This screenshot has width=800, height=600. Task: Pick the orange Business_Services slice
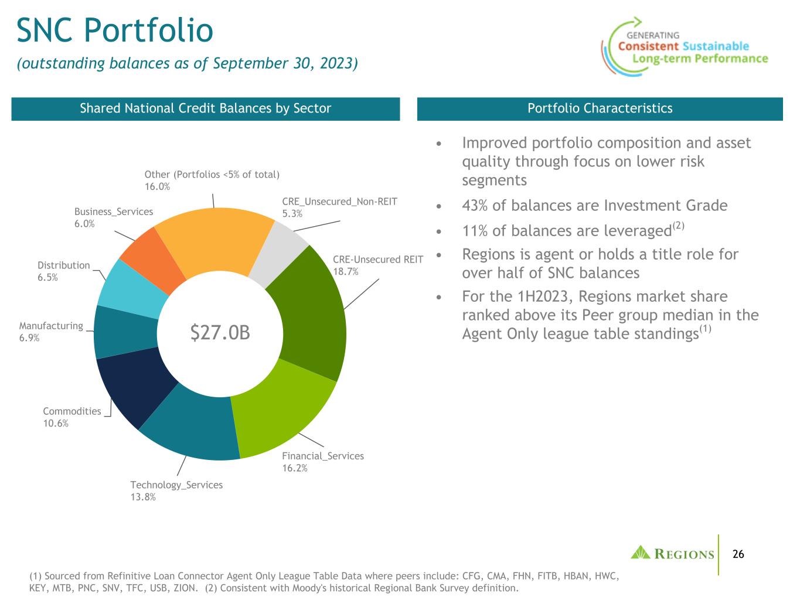[153, 258]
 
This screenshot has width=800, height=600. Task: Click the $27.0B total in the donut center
[220, 332]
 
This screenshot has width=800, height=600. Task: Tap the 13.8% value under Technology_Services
[143, 497]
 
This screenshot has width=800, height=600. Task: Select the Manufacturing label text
[51, 326]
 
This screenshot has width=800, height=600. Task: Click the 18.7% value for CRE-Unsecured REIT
[346, 271]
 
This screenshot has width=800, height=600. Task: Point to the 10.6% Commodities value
[56, 423]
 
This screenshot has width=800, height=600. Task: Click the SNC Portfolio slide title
[115, 30]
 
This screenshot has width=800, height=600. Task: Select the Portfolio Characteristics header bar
[600, 108]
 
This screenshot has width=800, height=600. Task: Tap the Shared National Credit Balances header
[206, 108]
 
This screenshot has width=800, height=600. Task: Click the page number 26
[738, 554]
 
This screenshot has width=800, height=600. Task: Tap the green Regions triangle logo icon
[641, 553]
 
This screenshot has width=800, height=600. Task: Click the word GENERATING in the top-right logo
[653, 35]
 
